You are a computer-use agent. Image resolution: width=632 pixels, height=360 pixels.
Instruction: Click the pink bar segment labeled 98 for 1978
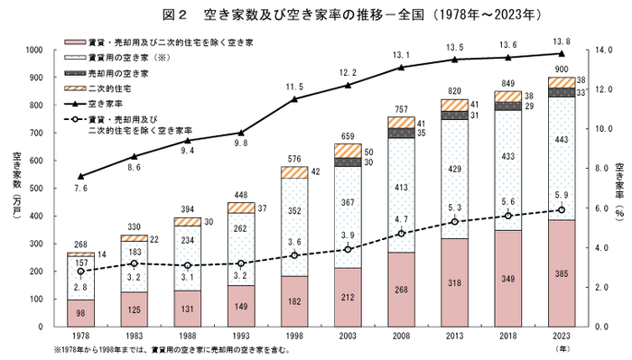pyautogui.click(x=81, y=312)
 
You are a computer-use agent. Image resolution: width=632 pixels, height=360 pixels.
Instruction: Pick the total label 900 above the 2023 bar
pyautogui.click(x=560, y=69)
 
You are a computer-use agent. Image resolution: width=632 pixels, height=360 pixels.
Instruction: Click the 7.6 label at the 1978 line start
pyautogui.click(x=81, y=189)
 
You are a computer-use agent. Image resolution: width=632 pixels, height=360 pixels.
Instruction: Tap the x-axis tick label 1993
pyautogui.click(x=240, y=335)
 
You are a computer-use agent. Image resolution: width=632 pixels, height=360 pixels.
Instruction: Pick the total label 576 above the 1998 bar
pyautogui.click(x=293, y=159)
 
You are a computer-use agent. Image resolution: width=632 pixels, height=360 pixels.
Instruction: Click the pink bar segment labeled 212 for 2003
pyautogui.click(x=348, y=296)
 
